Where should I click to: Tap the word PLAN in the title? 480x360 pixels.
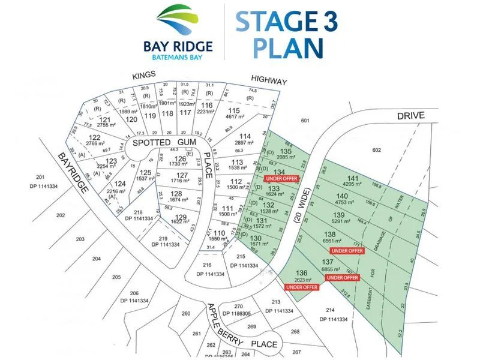coord(288,47)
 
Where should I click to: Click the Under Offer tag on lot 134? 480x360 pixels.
coord(281,178)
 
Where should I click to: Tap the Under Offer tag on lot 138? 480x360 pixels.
coord(347,250)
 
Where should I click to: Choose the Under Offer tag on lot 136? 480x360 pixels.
coord(302,287)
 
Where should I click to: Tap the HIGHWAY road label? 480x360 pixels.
coord(269,81)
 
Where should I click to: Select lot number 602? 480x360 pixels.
coord(377,150)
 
